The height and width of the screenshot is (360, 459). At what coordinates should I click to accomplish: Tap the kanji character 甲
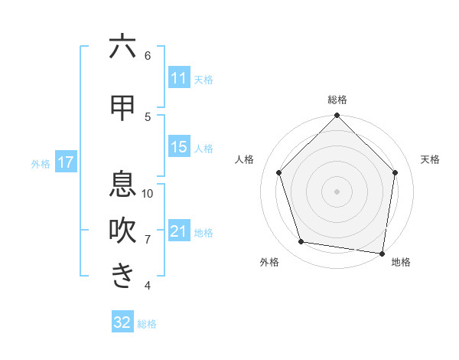click(122, 108)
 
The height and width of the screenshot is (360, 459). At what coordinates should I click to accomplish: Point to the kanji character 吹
click(122, 231)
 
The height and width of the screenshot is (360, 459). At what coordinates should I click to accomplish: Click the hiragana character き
click(122, 276)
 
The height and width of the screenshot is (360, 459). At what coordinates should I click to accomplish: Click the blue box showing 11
click(178, 78)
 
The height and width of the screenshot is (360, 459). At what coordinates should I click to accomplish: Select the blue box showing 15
click(178, 147)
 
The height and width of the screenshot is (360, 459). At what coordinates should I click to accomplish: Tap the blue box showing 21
click(178, 231)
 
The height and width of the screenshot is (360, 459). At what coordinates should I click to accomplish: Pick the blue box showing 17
click(65, 162)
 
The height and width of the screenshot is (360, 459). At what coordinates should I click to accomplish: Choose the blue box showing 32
click(122, 322)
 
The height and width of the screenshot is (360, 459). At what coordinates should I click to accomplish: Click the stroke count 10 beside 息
click(148, 193)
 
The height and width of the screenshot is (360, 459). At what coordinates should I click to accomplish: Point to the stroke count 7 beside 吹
click(148, 239)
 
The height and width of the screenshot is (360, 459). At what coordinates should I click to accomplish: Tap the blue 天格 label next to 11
click(203, 79)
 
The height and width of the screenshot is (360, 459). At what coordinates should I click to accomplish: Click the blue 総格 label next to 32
click(147, 323)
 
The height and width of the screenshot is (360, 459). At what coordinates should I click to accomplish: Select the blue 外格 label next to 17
click(41, 163)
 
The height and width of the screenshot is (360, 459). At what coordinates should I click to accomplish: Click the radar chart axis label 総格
click(337, 100)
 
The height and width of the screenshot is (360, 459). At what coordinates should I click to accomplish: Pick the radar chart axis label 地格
click(401, 262)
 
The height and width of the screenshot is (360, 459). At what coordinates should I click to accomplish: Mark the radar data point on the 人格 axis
click(279, 172)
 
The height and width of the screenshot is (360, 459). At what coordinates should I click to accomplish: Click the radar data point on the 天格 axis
click(395, 172)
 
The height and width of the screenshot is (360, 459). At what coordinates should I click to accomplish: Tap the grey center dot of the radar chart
click(337, 191)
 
